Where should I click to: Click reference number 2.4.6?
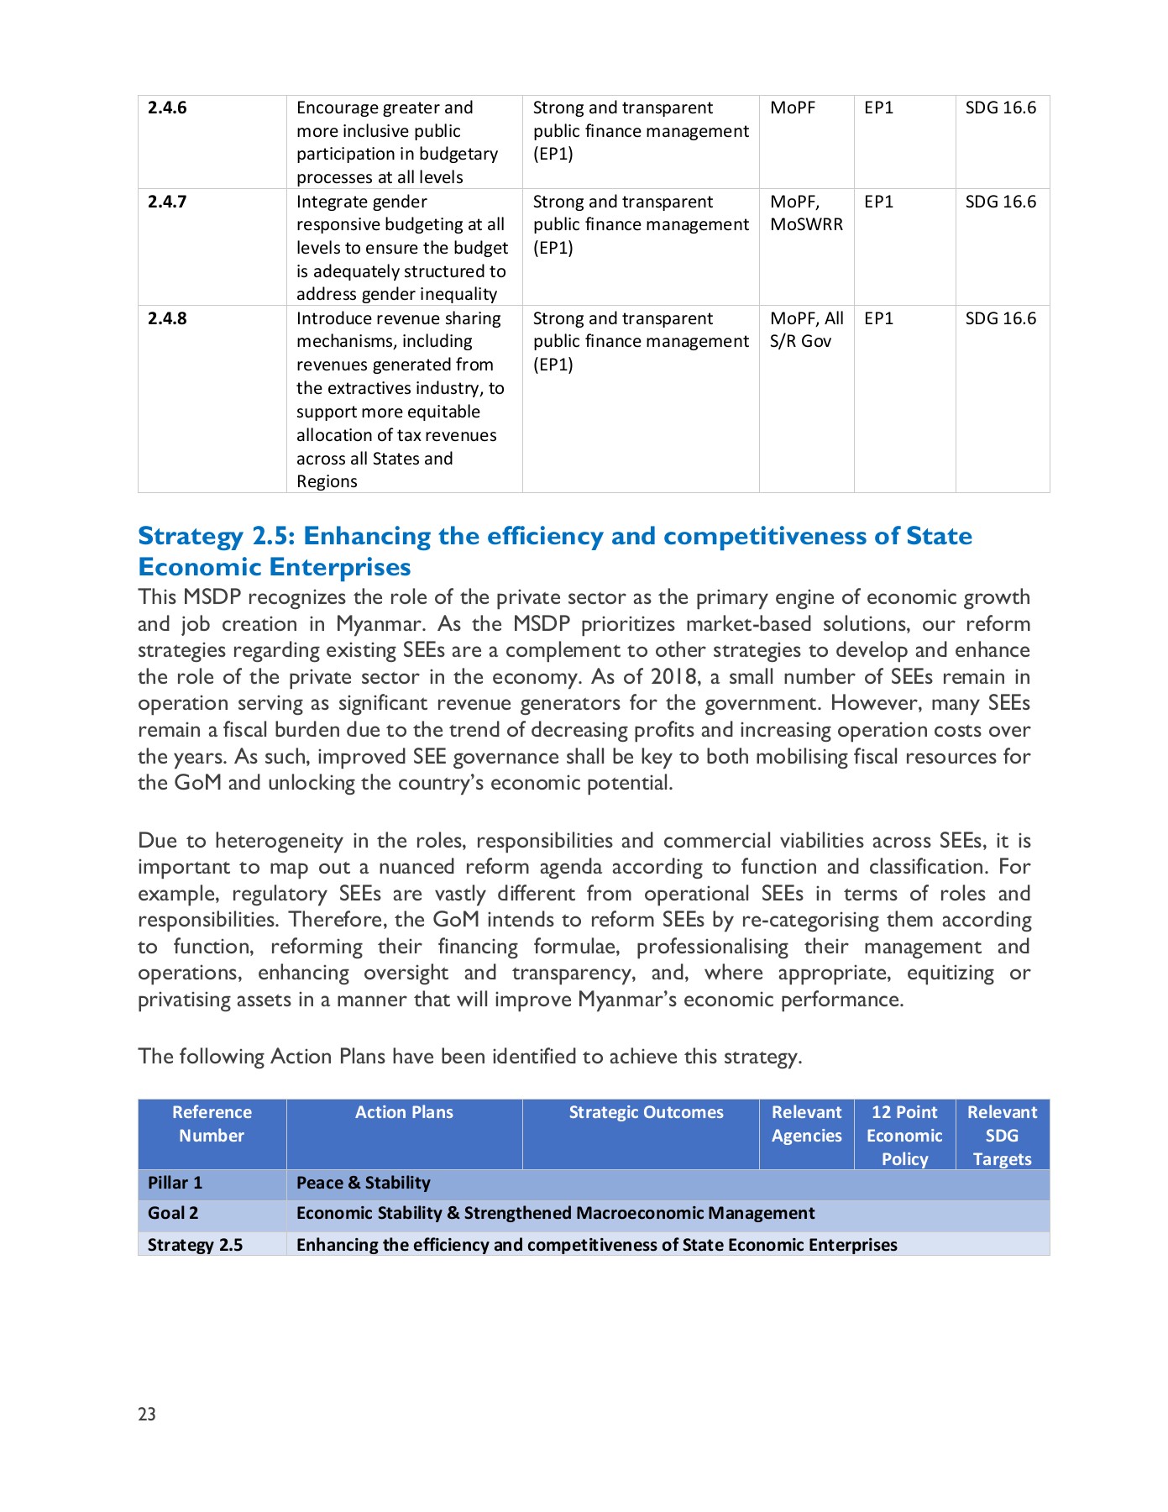[x=167, y=108]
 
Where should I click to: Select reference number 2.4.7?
[x=167, y=202]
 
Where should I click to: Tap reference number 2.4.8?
[x=167, y=318]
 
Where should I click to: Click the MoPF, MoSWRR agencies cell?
[x=806, y=213]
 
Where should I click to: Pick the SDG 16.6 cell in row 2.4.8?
[x=1000, y=318]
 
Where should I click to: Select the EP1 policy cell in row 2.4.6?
[x=878, y=108]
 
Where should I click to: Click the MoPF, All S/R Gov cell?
[x=806, y=329]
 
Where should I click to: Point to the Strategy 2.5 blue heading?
[x=554, y=551]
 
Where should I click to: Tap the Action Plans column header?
[x=404, y=1112]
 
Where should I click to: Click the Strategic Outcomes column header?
[x=646, y=1112]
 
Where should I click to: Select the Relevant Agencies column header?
[x=806, y=1124]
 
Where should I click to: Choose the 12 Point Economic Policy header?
[x=904, y=1135]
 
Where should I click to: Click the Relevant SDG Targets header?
[x=1002, y=1135]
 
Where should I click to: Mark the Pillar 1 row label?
[x=175, y=1183]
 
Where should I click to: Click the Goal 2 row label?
[x=173, y=1213]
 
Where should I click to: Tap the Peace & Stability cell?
[x=363, y=1183]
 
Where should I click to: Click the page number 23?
[x=147, y=1415]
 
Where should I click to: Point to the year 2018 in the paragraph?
[x=674, y=677]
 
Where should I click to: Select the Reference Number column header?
[x=212, y=1124]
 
